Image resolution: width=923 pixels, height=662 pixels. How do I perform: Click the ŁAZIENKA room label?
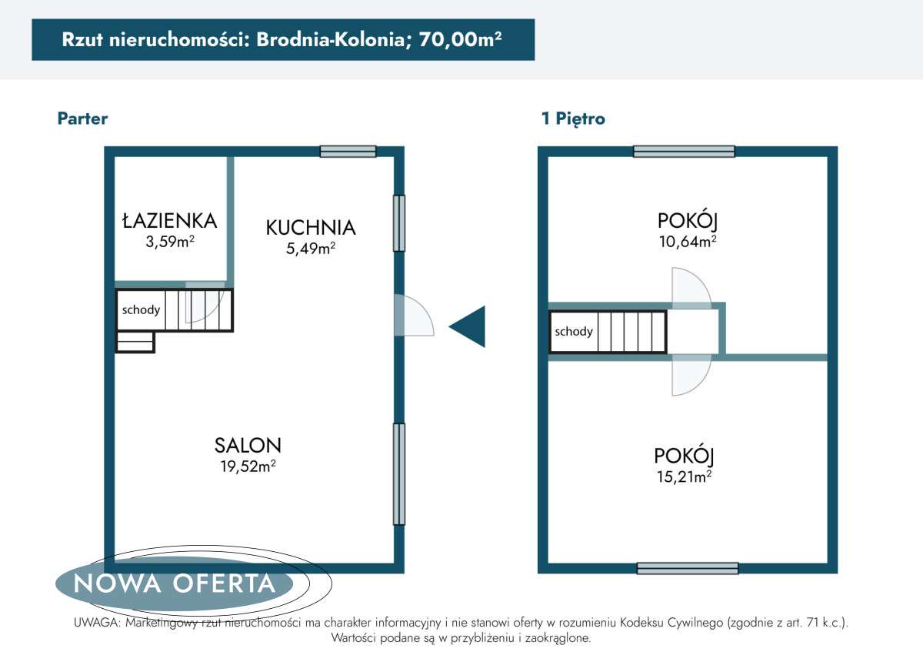pos(170,221)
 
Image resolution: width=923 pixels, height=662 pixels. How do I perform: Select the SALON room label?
pos(248,445)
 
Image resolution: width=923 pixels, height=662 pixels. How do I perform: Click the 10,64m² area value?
pos(688,242)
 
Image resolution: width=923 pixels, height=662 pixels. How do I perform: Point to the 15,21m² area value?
pos(682,476)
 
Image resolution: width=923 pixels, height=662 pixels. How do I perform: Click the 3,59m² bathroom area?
pos(170,242)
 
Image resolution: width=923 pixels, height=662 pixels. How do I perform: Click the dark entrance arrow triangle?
pos(470,326)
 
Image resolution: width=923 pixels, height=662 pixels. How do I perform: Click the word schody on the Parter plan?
pos(142,310)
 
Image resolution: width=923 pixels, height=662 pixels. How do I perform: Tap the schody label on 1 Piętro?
pos(574,332)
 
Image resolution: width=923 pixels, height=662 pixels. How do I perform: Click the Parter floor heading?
pos(82,119)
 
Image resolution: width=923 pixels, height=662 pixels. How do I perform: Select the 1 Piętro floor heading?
pos(573,119)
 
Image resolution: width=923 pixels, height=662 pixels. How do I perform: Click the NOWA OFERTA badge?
pos(175,583)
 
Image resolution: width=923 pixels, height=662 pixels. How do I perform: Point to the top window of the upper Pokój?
pos(684,152)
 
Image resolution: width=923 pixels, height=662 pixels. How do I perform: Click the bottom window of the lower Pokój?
pos(688,569)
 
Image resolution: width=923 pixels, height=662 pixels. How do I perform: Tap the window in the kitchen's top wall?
pos(348,152)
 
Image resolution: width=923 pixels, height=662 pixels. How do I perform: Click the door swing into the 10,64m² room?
pos(690,289)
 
